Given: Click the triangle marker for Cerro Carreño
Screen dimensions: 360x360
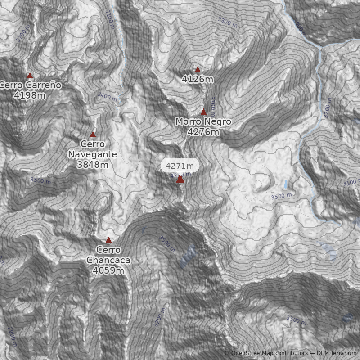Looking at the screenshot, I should (30, 76).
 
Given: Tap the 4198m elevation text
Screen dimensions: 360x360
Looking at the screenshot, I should (30, 95).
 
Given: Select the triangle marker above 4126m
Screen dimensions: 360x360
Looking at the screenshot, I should (198, 70).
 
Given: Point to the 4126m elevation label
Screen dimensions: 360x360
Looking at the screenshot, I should (198, 80).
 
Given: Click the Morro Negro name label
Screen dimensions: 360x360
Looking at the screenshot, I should (203, 122).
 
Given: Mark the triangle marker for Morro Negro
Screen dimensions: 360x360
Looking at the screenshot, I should (203, 112).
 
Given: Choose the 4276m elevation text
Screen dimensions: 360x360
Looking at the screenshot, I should (203, 132).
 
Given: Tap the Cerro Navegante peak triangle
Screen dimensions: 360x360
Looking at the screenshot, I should (93, 135).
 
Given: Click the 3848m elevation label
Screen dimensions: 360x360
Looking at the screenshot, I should (93, 165).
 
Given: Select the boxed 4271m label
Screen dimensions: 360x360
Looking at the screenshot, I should (180, 166).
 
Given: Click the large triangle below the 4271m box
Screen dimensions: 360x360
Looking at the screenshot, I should (180, 180).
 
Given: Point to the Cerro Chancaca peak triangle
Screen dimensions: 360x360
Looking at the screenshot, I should (108, 240).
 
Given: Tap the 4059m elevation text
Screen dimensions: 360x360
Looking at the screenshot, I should (108, 270).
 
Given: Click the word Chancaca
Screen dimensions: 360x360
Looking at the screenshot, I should (108, 260).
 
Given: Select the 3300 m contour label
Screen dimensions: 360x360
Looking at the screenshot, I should (227, 22).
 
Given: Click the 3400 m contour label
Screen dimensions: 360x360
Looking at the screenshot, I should (107, 96).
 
